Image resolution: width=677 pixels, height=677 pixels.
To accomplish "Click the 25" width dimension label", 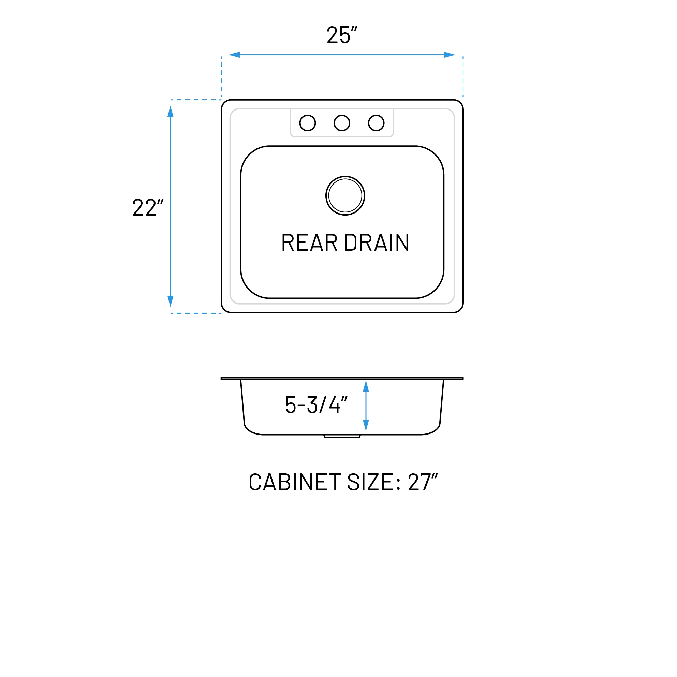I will (x=342, y=35).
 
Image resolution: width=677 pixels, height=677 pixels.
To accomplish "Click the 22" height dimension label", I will (x=148, y=207).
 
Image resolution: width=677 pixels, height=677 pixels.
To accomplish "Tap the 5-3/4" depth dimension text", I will (x=316, y=405).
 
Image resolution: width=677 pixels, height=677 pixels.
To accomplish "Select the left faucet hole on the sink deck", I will (x=308, y=123).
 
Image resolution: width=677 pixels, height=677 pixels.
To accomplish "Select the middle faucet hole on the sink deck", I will (x=342, y=123).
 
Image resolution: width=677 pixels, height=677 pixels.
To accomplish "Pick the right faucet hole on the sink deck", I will (x=376, y=123).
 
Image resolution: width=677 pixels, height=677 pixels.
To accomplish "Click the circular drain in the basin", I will (x=345, y=195).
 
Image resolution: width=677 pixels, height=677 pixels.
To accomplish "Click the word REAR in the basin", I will (x=309, y=242).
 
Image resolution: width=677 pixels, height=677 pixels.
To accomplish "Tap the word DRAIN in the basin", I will (x=377, y=242).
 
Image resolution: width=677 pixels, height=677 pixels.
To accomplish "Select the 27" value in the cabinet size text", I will (x=423, y=482).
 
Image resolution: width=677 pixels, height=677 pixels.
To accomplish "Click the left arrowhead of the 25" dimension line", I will (x=234, y=55).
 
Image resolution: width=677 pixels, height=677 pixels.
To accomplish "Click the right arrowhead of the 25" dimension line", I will (x=449, y=55).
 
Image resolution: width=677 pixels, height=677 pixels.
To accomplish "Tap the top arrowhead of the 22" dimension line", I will (x=171, y=112).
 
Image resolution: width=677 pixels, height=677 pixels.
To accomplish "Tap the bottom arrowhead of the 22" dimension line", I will (x=171, y=301).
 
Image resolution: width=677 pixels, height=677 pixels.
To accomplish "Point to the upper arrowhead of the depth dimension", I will (x=366, y=386).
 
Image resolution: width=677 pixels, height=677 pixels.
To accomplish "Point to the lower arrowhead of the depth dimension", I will (x=366, y=425).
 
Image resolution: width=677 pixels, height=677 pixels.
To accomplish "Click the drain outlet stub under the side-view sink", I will (x=342, y=437).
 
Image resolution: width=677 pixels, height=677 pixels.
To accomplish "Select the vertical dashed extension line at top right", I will (x=463, y=76).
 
